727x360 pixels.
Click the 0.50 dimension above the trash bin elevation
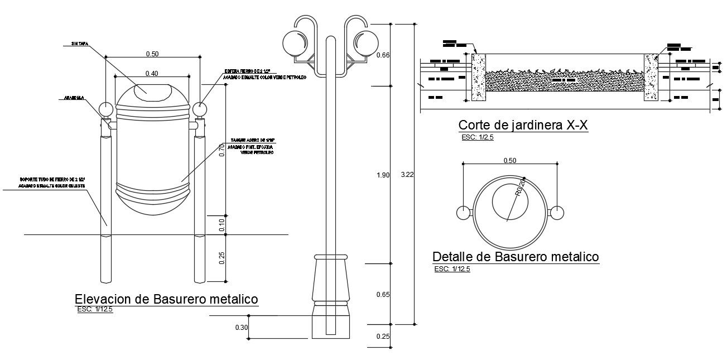pyautogui.click(x=152, y=54)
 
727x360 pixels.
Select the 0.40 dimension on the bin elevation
pyautogui.click(x=152, y=73)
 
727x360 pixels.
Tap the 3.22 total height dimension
pyautogui.click(x=407, y=175)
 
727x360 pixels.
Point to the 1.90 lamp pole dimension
pyautogui.click(x=382, y=175)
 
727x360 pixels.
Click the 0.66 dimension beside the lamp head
pyautogui.click(x=383, y=55)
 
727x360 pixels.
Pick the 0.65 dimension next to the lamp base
pyautogui.click(x=383, y=294)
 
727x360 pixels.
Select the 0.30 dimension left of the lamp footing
pyautogui.click(x=241, y=327)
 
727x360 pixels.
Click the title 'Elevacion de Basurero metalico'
pyautogui.click(x=166, y=299)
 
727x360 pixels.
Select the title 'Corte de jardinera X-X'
pyautogui.click(x=523, y=125)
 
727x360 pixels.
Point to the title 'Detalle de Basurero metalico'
pyautogui.click(x=516, y=257)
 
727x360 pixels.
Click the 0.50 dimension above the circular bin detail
pyautogui.click(x=510, y=161)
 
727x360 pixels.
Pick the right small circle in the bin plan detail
pyautogui.click(x=557, y=213)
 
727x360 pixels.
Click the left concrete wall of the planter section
pyautogui.click(x=479, y=78)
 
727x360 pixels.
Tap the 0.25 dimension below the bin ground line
pyautogui.click(x=222, y=257)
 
